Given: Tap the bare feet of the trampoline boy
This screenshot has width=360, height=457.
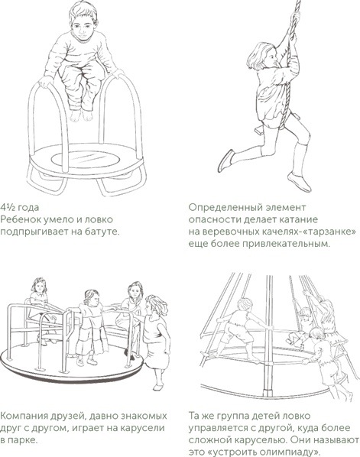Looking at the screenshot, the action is click(81, 115).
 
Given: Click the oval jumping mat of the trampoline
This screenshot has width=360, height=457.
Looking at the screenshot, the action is click(85, 160).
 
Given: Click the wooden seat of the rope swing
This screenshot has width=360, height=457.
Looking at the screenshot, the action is click(273, 124).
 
